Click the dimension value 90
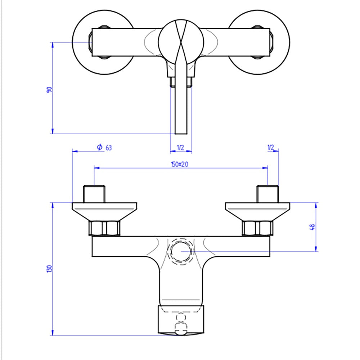tap(49, 90)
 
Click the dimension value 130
tap(49, 269)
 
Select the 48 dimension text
tap(312, 227)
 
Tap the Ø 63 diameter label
tap(104, 147)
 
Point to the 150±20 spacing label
tap(180, 164)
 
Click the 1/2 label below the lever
tap(181, 147)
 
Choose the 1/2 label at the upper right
tap(271, 147)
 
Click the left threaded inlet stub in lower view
tap(95, 194)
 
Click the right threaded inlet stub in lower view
tap(267, 194)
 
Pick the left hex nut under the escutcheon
tap(104, 228)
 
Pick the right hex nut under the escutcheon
tap(257, 228)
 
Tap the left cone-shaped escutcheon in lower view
tap(104, 211)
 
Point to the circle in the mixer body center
tap(181, 251)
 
